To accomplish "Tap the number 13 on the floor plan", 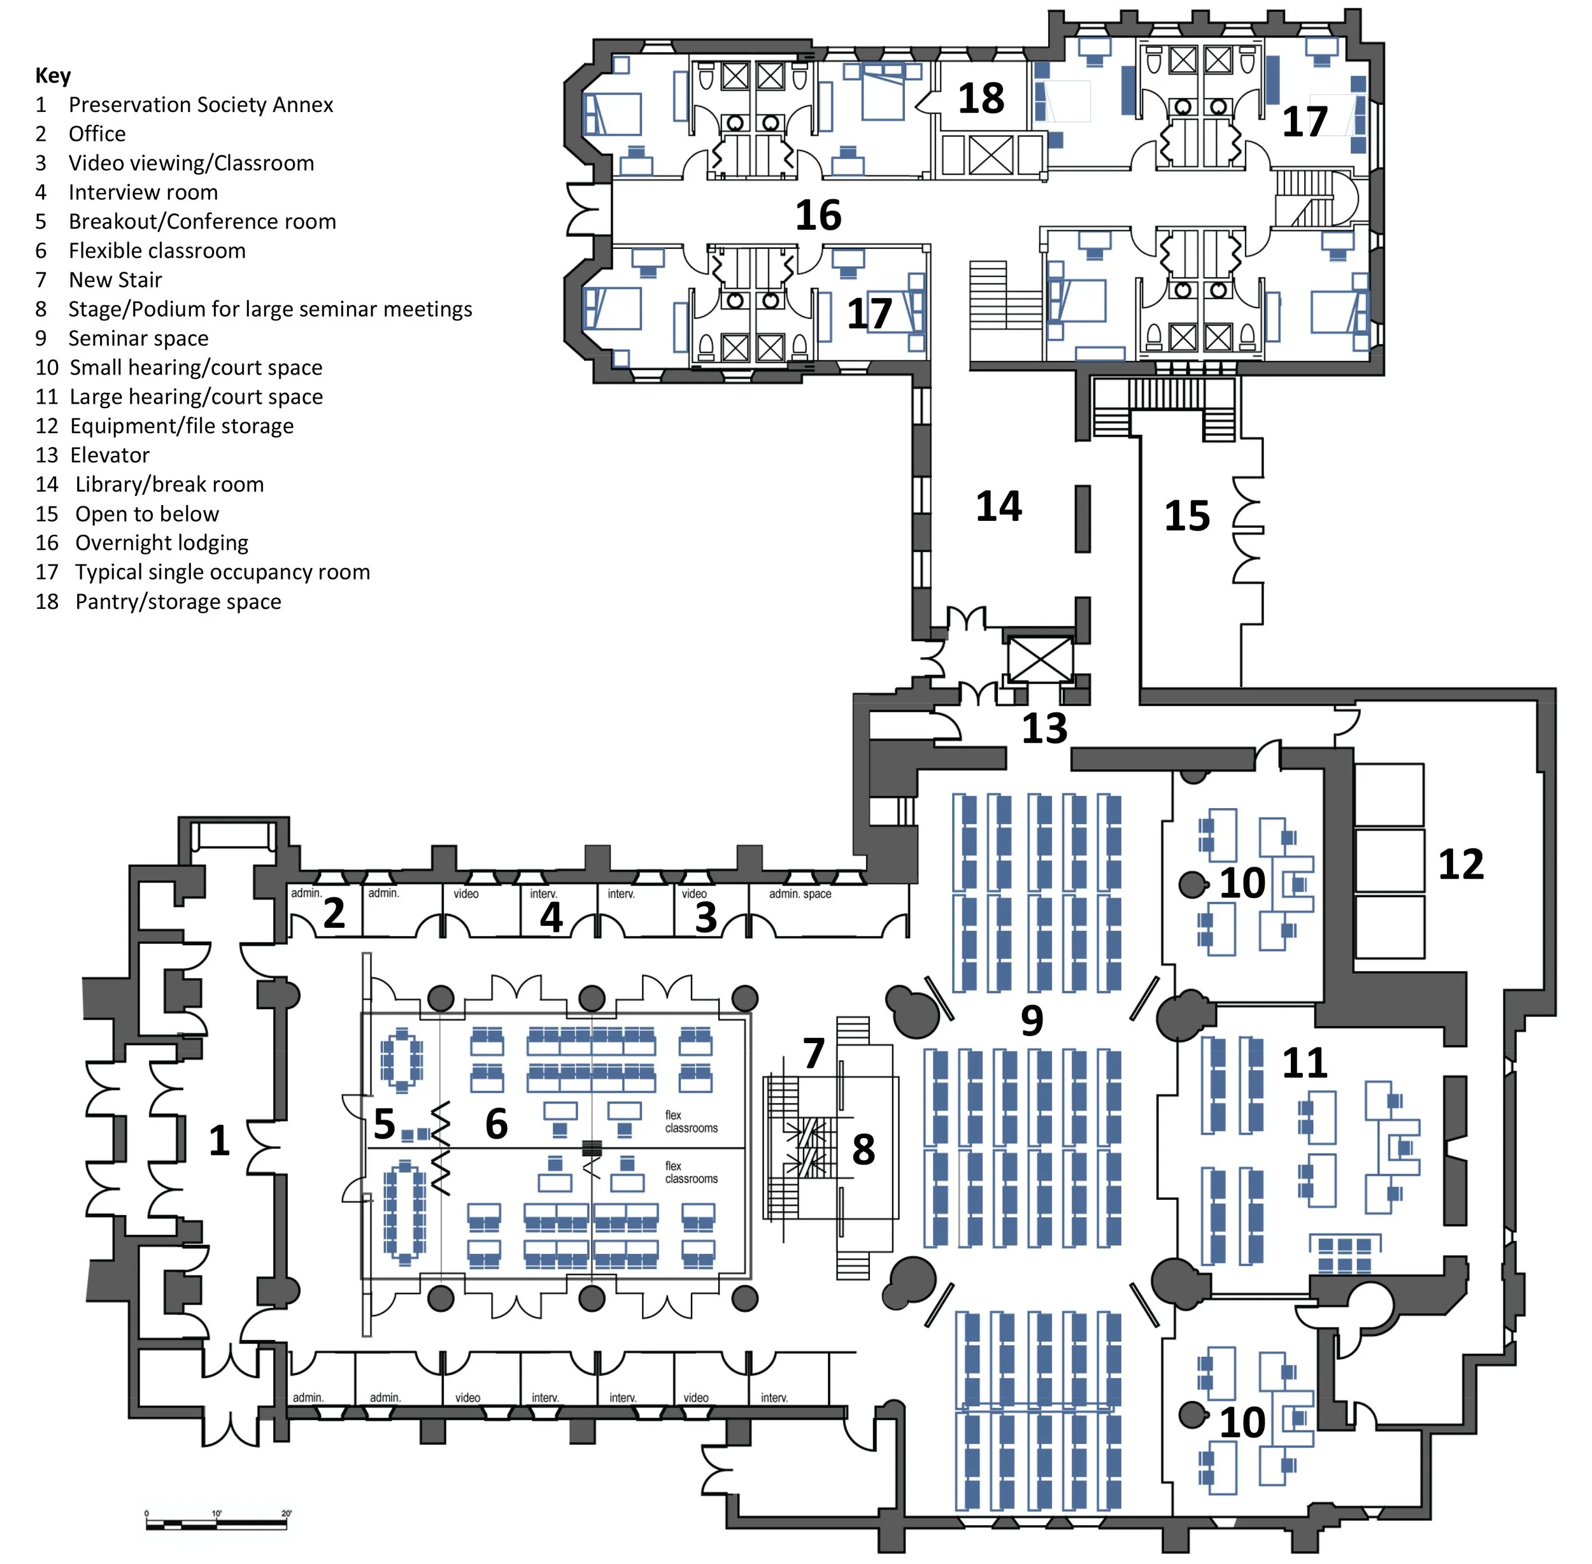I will pyautogui.click(x=1044, y=728).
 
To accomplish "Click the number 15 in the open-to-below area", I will pyautogui.click(x=1187, y=516).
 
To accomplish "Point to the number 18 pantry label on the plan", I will pyautogui.click(x=981, y=99).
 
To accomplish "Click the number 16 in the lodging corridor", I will pyautogui.click(x=818, y=215).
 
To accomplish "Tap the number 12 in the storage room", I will pyautogui.click(x=1461, y=864).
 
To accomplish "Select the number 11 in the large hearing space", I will pyautogui.click(x=1305, y=1063).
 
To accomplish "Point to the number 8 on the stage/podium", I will pyautogui.click(x=862, y=1149).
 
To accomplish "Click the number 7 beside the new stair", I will pyautogui.click(x=813, y=1053).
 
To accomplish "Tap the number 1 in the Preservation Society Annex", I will pyautogui.click(x=218, y=1140).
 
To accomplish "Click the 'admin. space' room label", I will pyautogui.click(x=799, y=893).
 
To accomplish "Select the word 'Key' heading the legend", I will pyautogui.click(x=53, y=76).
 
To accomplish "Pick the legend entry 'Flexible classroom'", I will pyautogui.click(x=157, y=250).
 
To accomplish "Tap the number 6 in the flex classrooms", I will pyautogui.click(x=496, y=1124).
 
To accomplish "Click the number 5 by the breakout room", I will pyautogui.click(x=383, y=1124).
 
